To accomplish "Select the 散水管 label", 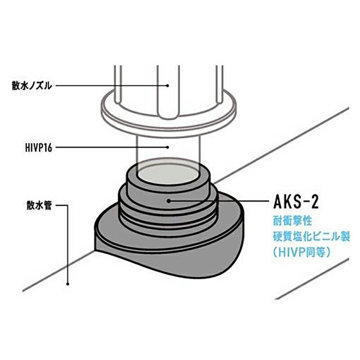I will pyautogui.click(x=38, y=207).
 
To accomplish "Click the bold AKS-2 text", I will pyautogui.click(x=296, y=202).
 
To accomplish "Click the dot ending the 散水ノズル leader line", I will pyautogui.click(x=167, y=85).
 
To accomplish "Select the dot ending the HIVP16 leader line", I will pyautogui.click(x=167, y=146).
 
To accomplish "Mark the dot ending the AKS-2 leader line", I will pyautogui.click(x=167, y=201).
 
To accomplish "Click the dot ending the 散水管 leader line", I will pyautogui.click(x=67, y=284).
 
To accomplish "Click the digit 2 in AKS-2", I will pyautogui.click(x=314, y=202).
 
